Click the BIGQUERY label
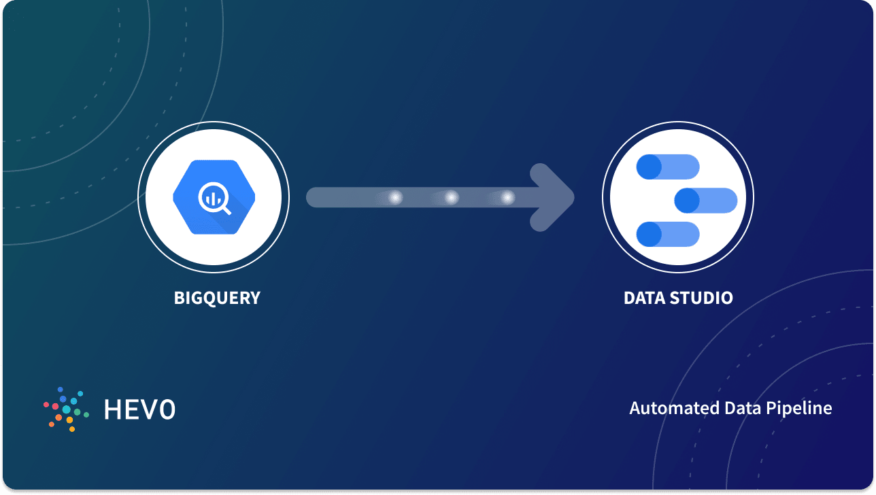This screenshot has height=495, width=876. pyautogui.click(x=217, y=298)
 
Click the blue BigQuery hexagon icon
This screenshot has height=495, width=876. pyautogui.click(x=214, y=197)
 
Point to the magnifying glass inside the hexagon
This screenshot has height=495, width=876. pyautogui.click(x=214, y=198)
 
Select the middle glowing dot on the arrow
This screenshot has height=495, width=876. pyautogui.click(x=452, y=198)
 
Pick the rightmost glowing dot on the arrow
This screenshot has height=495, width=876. pyautogui.click(x=507, y=198)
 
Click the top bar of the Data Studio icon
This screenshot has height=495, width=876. pyautogui.click(x=668, y=167)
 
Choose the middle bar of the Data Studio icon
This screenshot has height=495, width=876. pyautogui.click(x=706, y=201)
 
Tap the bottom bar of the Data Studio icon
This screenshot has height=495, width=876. pyautogui.click(x=668, y=234)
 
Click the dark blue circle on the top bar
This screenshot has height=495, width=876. pyautogui.click(x=649, y=167)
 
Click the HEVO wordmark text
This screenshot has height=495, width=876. pyautogui.click(x=139, y=409)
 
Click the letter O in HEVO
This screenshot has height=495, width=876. pyautogui.click(x=166, y=409)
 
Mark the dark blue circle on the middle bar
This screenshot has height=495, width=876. pyautogui.click(x=687, y=201)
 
